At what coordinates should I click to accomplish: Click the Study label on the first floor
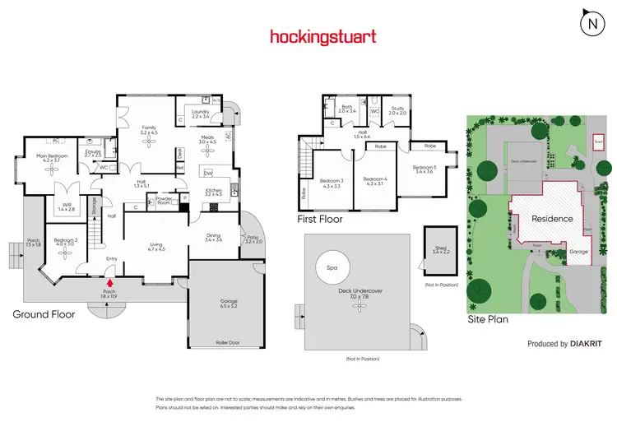tap(398, 109)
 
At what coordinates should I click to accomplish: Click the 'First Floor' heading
tap(320, 220)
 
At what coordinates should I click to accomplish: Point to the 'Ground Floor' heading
tap(44, 314)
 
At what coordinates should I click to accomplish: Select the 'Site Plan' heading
tap(488, 318)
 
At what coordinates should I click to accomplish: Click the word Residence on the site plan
tap(552, 219)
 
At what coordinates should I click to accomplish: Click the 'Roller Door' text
tap(226, 342)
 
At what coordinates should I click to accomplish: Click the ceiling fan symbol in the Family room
tap(149, 141)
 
